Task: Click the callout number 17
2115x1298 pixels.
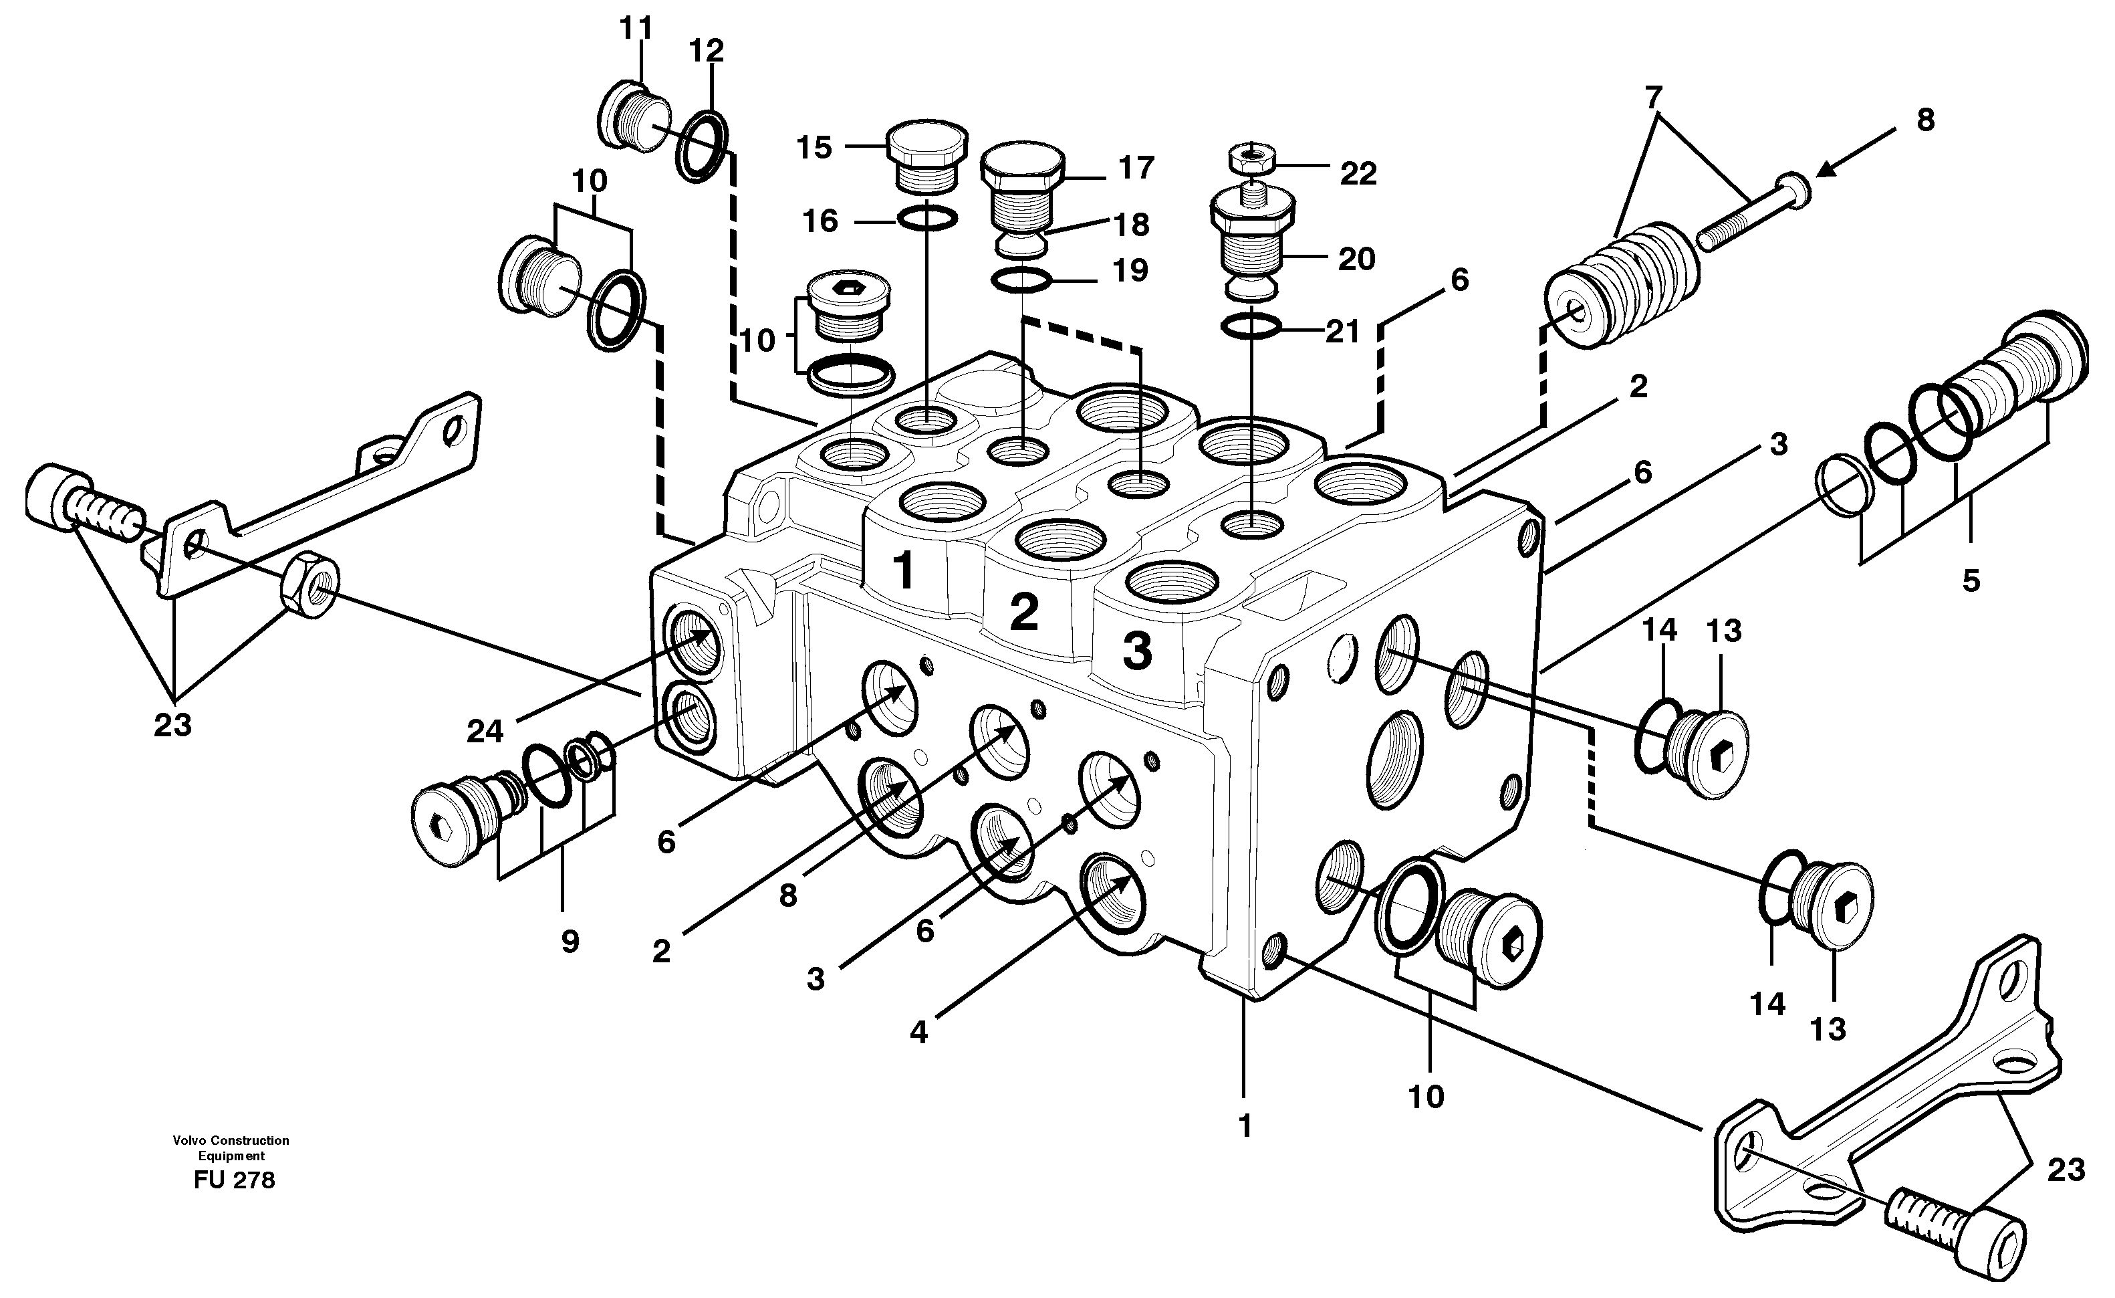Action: [1136, 169]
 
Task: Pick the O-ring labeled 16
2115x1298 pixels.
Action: [927, 220]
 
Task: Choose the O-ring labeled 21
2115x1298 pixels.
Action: [1251, 326]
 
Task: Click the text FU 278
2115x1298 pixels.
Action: [235, 1180]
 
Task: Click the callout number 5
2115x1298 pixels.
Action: [1971, 581]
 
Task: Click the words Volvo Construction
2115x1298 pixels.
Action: [231, 1141]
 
